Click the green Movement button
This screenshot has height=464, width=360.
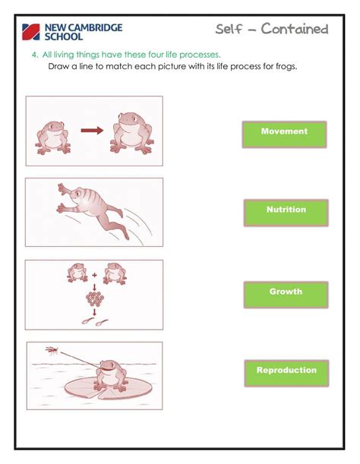point(284,134)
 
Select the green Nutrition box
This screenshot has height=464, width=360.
point(286,212)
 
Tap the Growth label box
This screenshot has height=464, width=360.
point(286,294)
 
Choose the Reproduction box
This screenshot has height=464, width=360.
point(286,373)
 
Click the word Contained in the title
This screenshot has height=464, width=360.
point(295,30)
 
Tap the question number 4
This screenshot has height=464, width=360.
point(34,55)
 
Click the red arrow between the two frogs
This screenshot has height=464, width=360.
point(92,130)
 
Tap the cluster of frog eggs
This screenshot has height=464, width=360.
point(94,298)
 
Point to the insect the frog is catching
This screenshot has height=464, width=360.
point(51,350)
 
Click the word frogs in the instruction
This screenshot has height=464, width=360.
point(281,66)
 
